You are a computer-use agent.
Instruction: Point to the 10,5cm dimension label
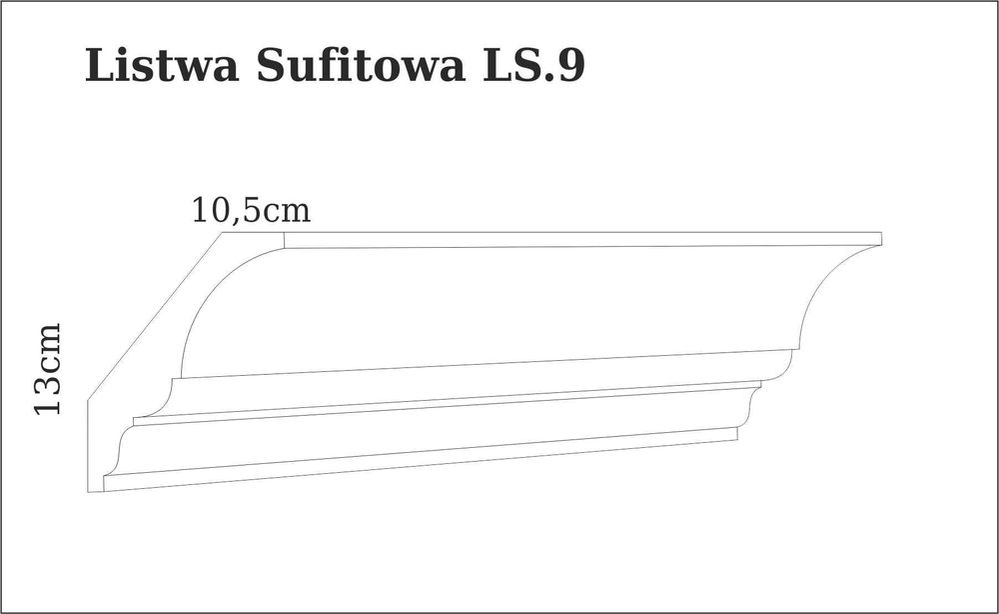251,210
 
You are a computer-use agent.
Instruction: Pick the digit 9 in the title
570,66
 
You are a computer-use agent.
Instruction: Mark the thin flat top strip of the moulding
579,240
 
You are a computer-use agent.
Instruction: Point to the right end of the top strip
880,238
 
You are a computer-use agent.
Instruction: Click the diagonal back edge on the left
155,315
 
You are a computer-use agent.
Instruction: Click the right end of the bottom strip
736,434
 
